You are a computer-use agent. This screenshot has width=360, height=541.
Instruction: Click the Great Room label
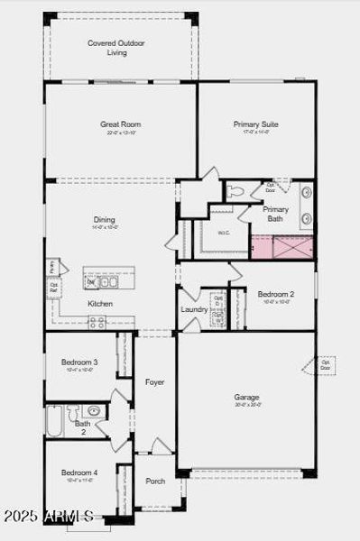pos(120,124)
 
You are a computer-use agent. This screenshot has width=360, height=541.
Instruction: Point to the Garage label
pos(246,397)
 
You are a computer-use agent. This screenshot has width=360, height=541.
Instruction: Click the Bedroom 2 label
pos(275,295)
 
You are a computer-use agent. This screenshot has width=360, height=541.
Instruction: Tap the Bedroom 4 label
pos(79,472)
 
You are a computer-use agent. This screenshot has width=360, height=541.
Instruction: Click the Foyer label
pos(155,382)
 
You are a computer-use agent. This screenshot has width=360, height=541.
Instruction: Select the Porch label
pos(155,481)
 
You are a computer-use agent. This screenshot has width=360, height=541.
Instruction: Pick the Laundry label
pos(194,310)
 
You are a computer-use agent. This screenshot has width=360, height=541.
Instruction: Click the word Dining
pos(105,219)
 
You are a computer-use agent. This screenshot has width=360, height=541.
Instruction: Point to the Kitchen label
pos(100,304)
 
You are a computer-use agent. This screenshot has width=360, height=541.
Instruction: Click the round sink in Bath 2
pos(94,411)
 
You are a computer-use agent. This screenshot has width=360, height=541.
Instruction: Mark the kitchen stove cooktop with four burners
pos(97,321)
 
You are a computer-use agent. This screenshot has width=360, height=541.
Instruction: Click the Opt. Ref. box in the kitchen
pos(54,289)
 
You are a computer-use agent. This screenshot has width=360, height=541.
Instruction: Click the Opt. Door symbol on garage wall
pos(324,365)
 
